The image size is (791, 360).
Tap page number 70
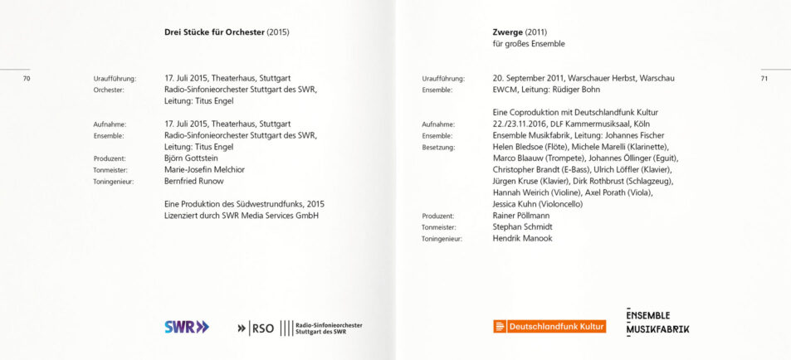point(27,79)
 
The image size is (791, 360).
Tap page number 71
point(764,79)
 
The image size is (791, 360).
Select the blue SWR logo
point(187,327)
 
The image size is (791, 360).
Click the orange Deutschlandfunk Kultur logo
point(549,327)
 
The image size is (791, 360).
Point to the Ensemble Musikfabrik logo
point(657,322)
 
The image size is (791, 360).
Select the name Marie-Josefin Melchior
point(204,169)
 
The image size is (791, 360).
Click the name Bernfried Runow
point(195,181)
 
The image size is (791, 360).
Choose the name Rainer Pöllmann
point(522,215)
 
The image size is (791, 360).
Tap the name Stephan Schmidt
point(522,226)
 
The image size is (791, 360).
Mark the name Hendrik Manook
point(522,238)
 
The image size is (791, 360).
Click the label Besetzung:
point(438,147)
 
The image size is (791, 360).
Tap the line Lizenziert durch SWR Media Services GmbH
point(242,216)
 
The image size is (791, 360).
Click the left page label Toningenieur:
point(114,181)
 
